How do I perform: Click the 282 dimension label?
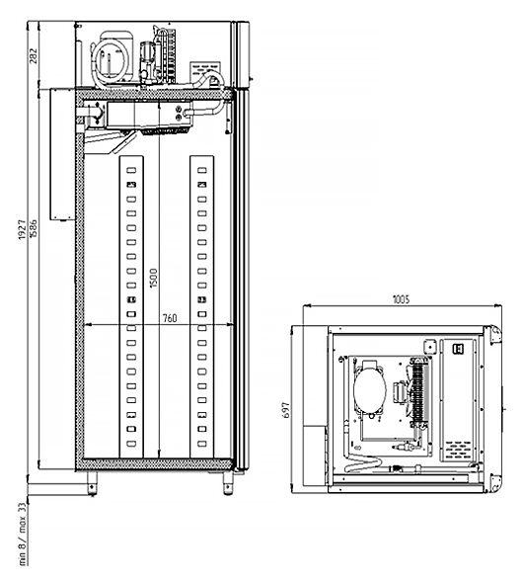tap(34, 55)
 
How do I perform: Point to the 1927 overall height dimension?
tap(23, 229)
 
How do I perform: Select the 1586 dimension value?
tap(34, 229)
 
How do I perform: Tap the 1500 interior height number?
tap(153, 278)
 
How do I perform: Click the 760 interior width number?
tap(170, 318)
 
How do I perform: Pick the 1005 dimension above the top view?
tap(401, 299)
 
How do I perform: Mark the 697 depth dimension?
tap(286, 410)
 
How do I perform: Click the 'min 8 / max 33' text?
tap(23, 534)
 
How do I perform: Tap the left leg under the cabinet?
tap(92, 483)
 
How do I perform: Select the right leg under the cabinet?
tap(228, 483)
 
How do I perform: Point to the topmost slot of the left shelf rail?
tap(131, 170)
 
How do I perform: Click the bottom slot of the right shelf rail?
tap(202, 444)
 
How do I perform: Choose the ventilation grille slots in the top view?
tap(458, 450)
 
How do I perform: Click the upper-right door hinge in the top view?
tap(495, 334)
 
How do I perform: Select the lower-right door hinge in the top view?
tap(495, 483)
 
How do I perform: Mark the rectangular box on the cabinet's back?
tap(63, 154)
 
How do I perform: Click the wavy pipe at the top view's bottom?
tap(363, 463)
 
